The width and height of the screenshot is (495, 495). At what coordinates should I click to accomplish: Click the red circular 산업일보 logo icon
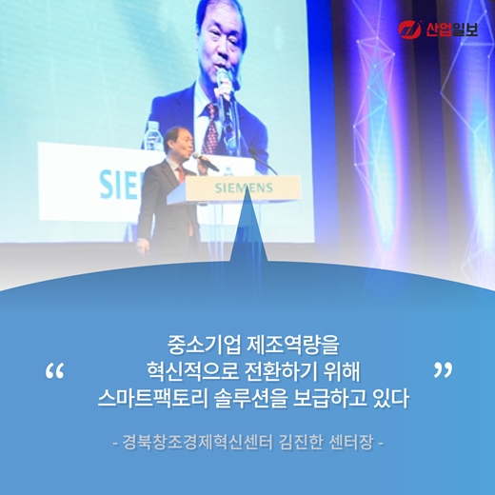pos(409,30)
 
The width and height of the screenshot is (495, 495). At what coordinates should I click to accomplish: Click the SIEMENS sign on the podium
pos(244,188)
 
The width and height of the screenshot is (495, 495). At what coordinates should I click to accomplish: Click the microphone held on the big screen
pos(225,80)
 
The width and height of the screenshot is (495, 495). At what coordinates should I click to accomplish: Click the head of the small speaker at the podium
pos(176,141)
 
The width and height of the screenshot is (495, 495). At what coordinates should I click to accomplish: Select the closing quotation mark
pos(442,369)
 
